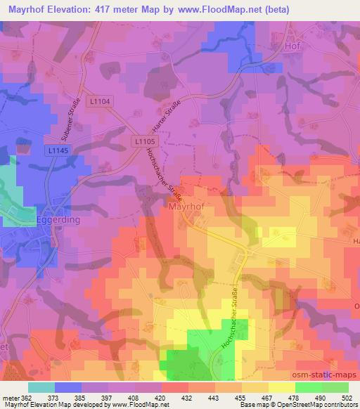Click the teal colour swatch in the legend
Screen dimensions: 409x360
click(41, 387)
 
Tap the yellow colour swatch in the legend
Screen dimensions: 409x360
click(282, 387)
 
